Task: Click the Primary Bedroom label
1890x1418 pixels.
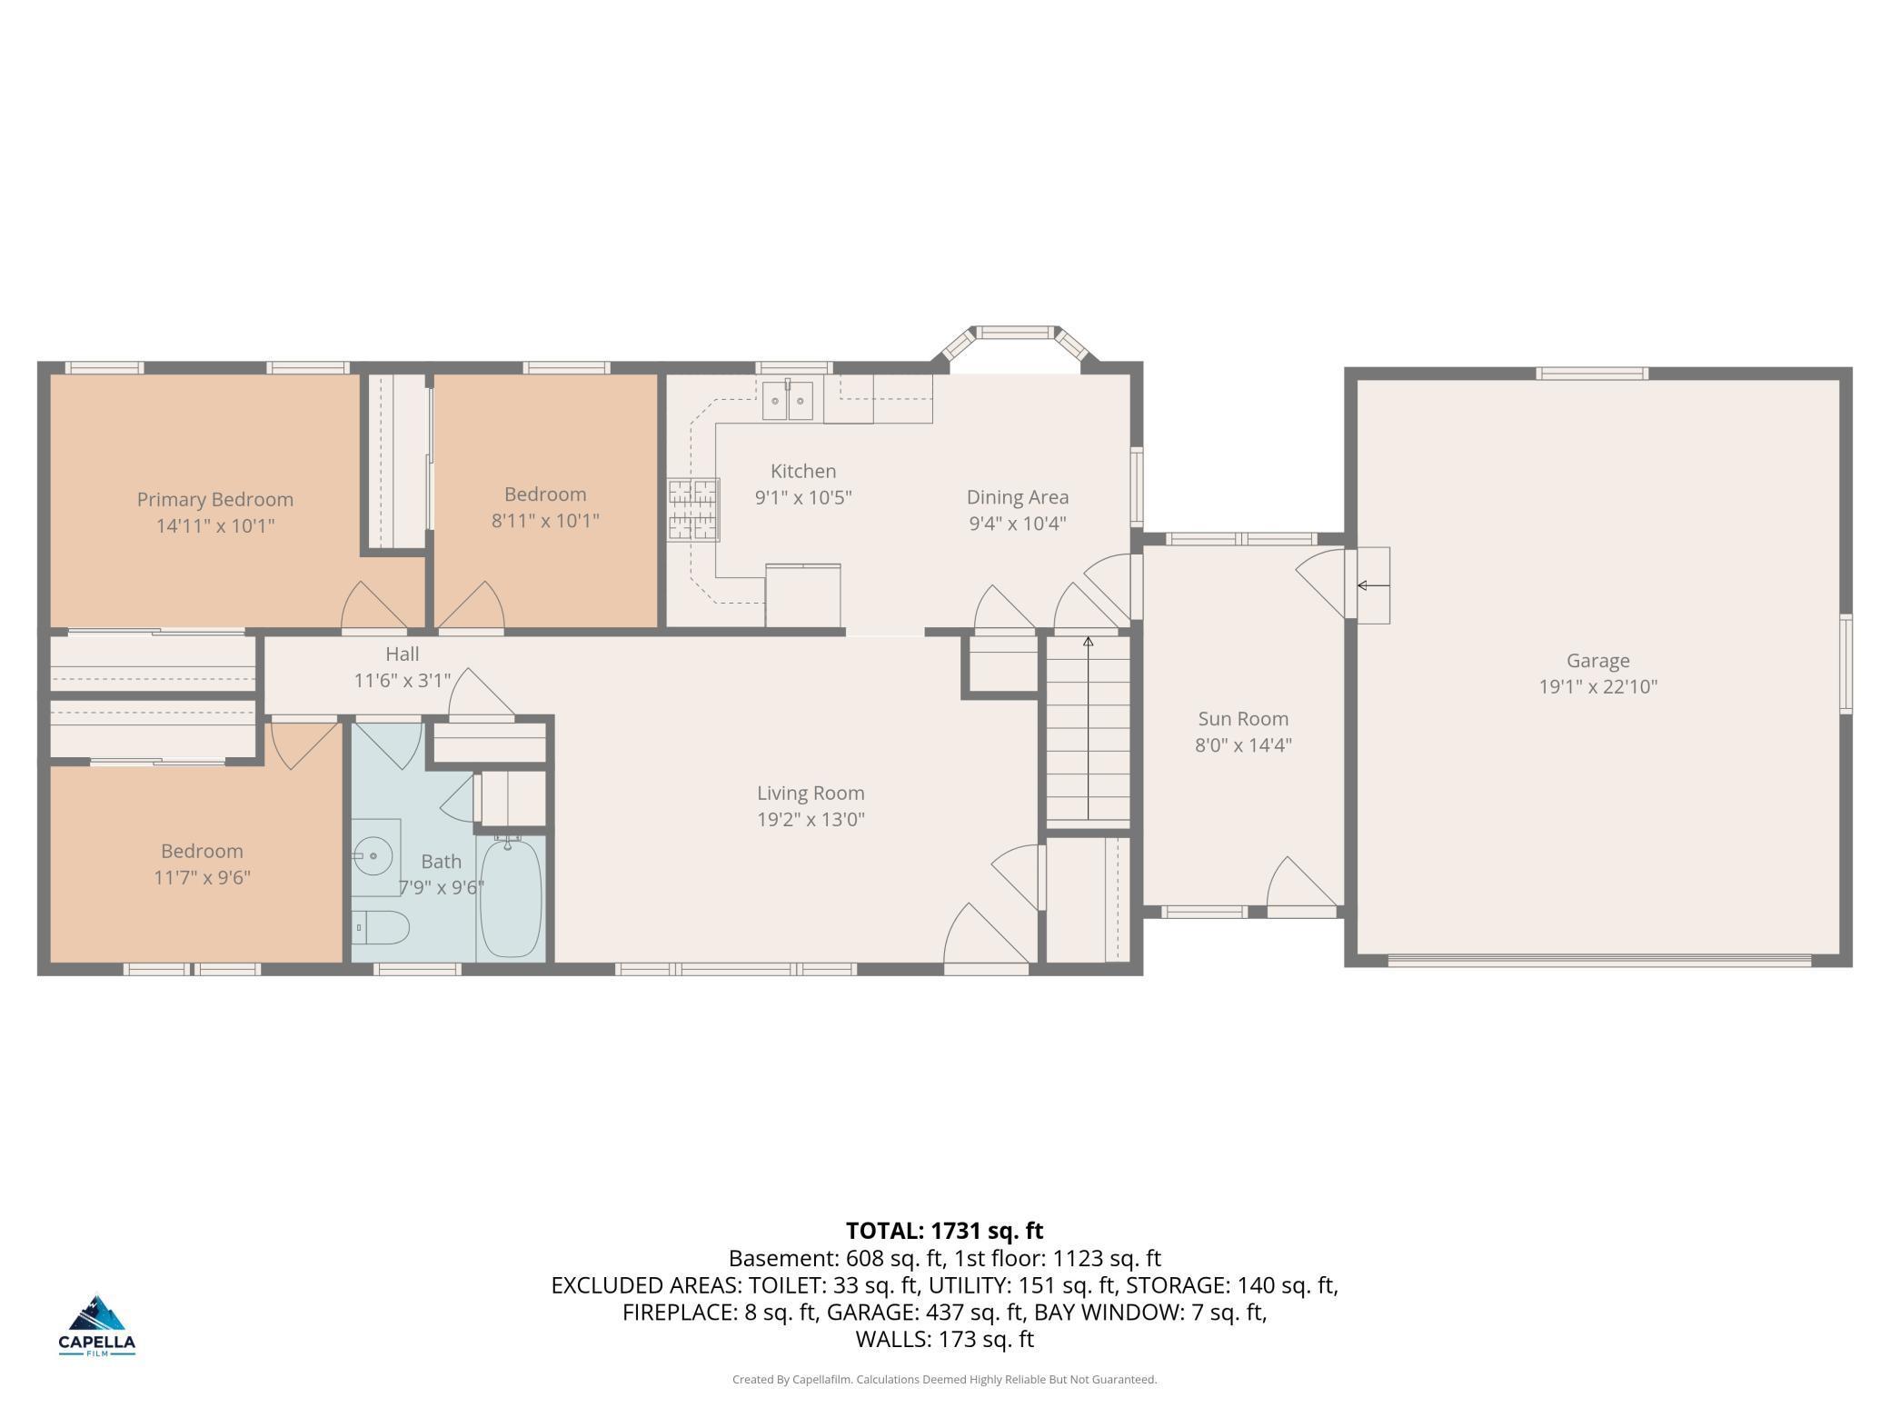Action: tap(215, 499)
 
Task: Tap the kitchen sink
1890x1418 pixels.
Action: tap(787, 400)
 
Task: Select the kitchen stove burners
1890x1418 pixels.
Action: tap(693, 510)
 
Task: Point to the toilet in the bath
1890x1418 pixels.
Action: tap(381, 927)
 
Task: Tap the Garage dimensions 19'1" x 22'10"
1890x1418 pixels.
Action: tap(1598, 687)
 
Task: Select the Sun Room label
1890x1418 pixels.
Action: tap(1243, 719)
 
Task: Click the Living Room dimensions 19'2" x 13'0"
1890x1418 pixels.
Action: tap(811, 820)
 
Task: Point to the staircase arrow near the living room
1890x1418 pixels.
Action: tap(1088, 728)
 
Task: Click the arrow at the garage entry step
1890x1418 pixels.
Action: tap(1373, 585)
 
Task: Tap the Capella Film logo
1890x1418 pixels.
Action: tap(97, 1325)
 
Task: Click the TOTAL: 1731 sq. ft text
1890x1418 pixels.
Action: tap(945, 1231)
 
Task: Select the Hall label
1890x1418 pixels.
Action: tap(403, 654)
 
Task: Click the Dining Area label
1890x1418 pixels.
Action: tap(1018, 497)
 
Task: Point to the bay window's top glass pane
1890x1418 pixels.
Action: tap(1016, 332)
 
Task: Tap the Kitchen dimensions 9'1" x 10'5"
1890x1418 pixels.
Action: tap(803, 497)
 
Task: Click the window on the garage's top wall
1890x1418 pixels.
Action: tap(1592, 373)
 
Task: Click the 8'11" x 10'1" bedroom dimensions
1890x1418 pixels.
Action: tap(545, 521)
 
